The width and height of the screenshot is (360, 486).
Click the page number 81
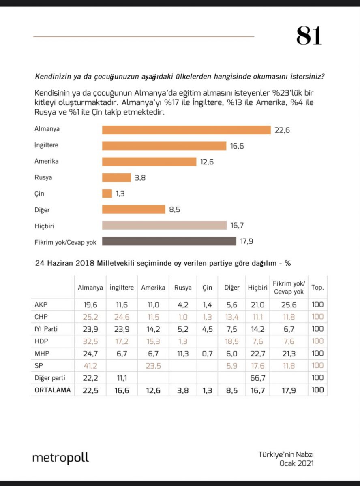point(309,36)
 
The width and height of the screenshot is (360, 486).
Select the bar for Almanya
point(186,130)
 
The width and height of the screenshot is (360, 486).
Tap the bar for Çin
point(107,194)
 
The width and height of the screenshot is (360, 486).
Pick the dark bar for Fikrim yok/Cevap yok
point(169,241)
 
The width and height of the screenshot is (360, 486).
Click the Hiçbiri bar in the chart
point(164,225)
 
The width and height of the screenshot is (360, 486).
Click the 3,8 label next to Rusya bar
point(141,178)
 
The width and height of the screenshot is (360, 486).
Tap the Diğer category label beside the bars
point(42,210)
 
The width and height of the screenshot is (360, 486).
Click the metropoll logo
point(60,458)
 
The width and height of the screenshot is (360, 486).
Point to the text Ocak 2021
point(296,463)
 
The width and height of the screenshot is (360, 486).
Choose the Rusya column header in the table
point(183,288)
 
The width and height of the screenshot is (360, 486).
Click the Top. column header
point(317,288)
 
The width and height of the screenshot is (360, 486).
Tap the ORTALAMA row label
point(53,390)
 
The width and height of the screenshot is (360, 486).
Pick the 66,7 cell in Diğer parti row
point(257,378)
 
